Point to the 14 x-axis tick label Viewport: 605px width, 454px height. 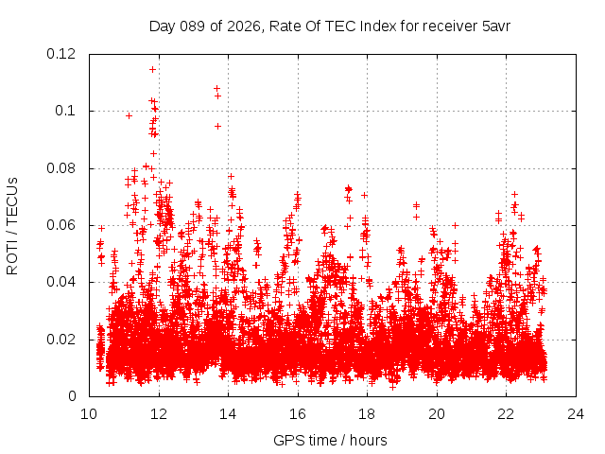pos(228,413)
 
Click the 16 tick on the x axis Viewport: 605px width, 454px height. pos(298,413)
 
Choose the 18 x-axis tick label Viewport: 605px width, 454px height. pos(367,413)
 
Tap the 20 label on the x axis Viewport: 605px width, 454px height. pos(437,413)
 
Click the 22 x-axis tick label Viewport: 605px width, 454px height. pos(506,413)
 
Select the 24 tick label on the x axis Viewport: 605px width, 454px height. pos(576,413)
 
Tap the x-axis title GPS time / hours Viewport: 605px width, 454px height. pos(330,440)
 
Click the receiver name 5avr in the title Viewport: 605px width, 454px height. pos(495,26)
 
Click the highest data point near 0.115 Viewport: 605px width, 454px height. pos(152,69)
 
